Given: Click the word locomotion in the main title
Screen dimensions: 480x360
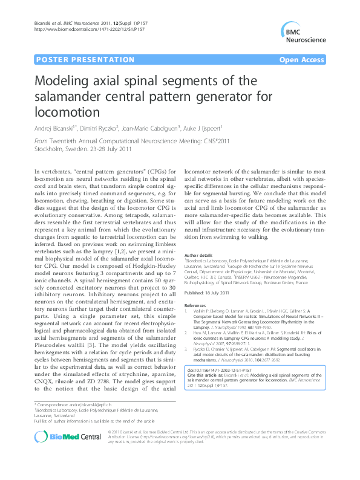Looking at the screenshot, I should [x=67, y=112].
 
